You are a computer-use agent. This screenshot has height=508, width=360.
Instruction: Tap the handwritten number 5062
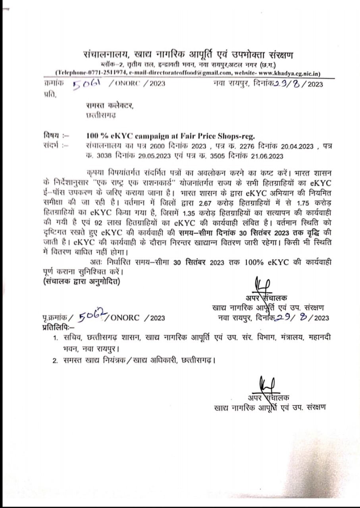[x=93, y=316]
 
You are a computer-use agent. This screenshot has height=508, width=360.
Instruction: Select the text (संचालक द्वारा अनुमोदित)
[x=81, y=282]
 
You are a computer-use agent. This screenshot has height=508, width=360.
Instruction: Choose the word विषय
[x=50, y=135]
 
